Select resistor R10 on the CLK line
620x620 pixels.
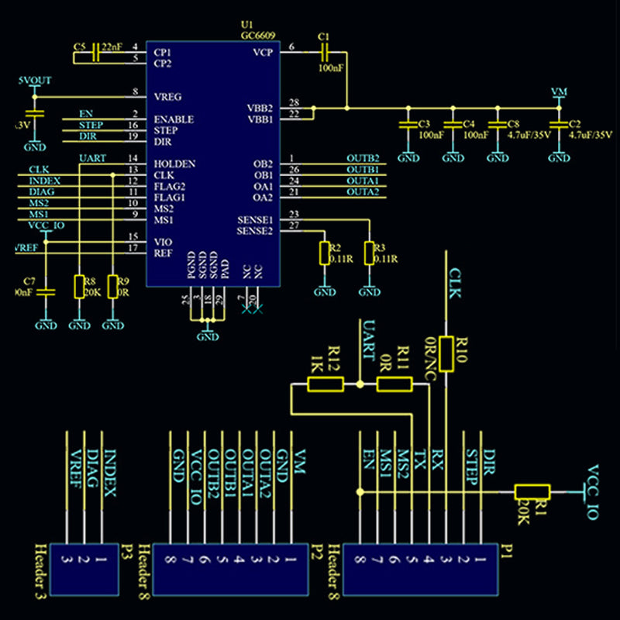point(446,354)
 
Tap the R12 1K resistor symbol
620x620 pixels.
point(325,384)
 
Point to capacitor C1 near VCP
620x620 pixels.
point(325,51)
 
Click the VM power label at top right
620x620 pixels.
point(559,91)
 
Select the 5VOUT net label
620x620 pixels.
point(35,80)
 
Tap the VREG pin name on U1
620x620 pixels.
point(168,97)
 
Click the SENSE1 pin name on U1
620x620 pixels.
point(255,220)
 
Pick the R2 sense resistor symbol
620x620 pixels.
point(324,253)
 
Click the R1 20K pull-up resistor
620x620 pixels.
point(532,491)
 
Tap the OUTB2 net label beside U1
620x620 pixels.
point(362,159)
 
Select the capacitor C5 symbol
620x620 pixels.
point(95,53)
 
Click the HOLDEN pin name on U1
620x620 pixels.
point(174,164)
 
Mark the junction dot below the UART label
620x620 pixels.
point(360,384)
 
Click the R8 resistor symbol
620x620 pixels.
point(78,287)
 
